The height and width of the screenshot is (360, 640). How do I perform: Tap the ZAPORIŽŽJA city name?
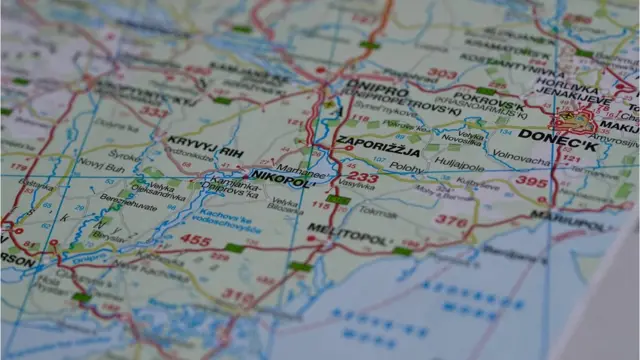point(379,145)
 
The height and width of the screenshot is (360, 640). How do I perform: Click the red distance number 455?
point(195,240)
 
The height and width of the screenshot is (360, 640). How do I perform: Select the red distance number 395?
point(532,182)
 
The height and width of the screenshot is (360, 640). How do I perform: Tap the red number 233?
point(362,178)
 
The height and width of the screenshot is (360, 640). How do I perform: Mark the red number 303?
point(442,74)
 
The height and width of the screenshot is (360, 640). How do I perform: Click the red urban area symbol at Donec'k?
point(574,122)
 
